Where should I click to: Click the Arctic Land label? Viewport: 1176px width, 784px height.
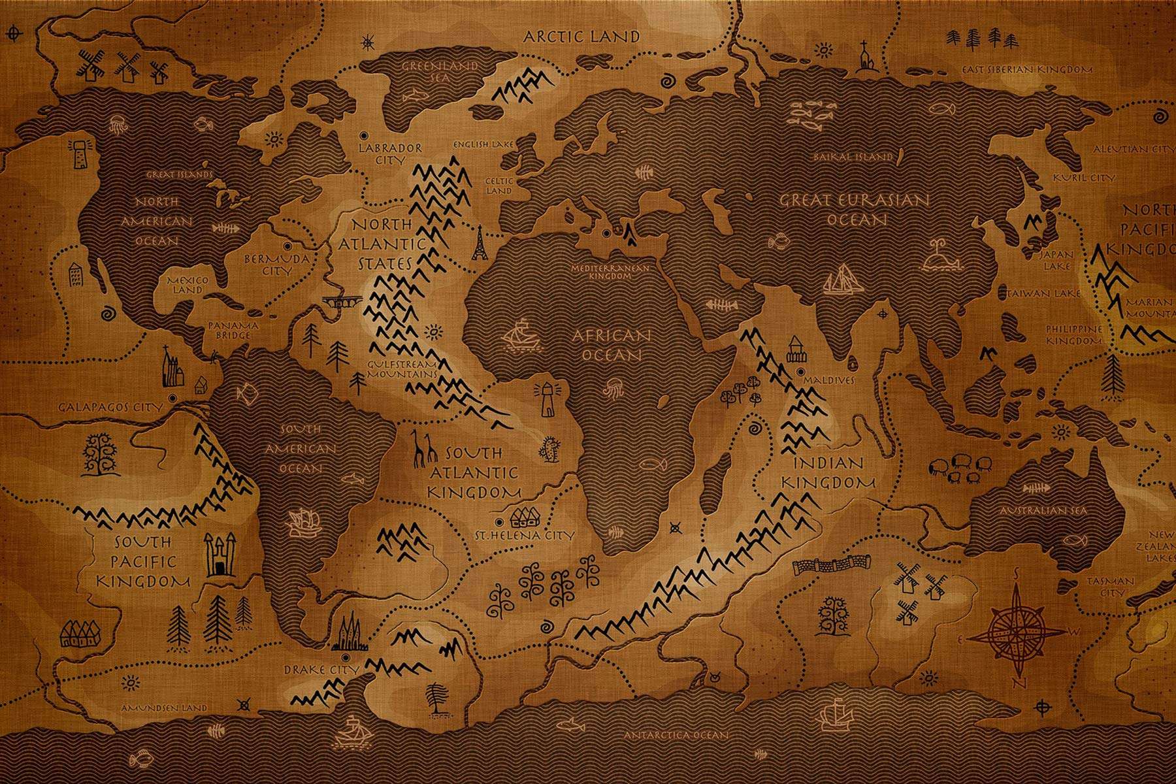click(x=581, y=37)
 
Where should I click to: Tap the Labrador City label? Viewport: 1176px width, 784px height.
click(x=390, y=154)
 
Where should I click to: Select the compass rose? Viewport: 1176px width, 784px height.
click(x=1016, y=630)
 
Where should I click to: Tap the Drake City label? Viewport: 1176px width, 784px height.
click(x=321, y=670)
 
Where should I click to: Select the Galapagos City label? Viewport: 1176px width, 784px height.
click(x=110, y=407)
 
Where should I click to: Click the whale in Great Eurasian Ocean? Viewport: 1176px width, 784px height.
click(x=939, y=258)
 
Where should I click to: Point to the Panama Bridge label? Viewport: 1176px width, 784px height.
click(x=233, y=330)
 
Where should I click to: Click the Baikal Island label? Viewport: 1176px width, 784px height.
click(x=853, y=157)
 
